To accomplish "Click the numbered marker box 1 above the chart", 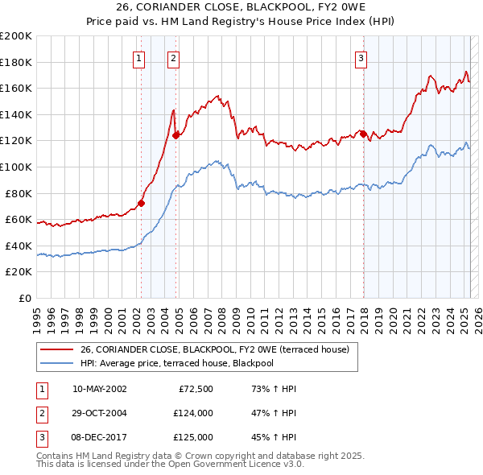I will (139, 57).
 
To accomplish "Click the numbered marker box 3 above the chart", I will (361, 57).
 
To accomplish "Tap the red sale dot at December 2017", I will (363, 134).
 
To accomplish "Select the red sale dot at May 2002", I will (141, 203).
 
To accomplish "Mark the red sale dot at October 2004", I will (175, 135).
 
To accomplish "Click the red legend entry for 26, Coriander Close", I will (214, 350).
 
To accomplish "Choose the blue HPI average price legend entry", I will (188, 364).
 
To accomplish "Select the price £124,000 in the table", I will (193, 413).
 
